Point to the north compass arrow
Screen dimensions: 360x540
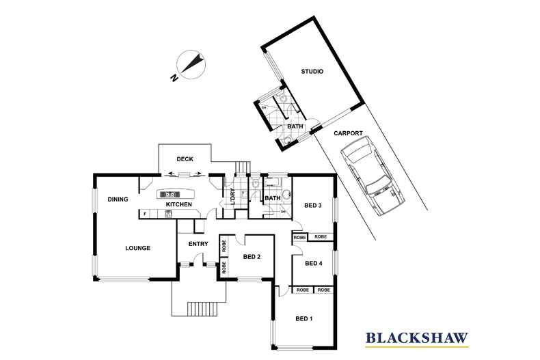191,66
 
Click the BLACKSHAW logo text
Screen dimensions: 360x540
417,337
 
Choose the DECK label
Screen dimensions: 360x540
185,159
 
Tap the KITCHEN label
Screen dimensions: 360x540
178,204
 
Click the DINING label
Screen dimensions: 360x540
118,199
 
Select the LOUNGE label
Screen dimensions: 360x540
137,248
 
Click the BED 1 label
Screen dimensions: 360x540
305,319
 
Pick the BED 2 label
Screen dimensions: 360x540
252,257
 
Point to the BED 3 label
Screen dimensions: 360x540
313,206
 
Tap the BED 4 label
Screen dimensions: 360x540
313,264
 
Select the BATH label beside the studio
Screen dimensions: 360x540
295,127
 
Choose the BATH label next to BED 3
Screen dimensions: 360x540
272,199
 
